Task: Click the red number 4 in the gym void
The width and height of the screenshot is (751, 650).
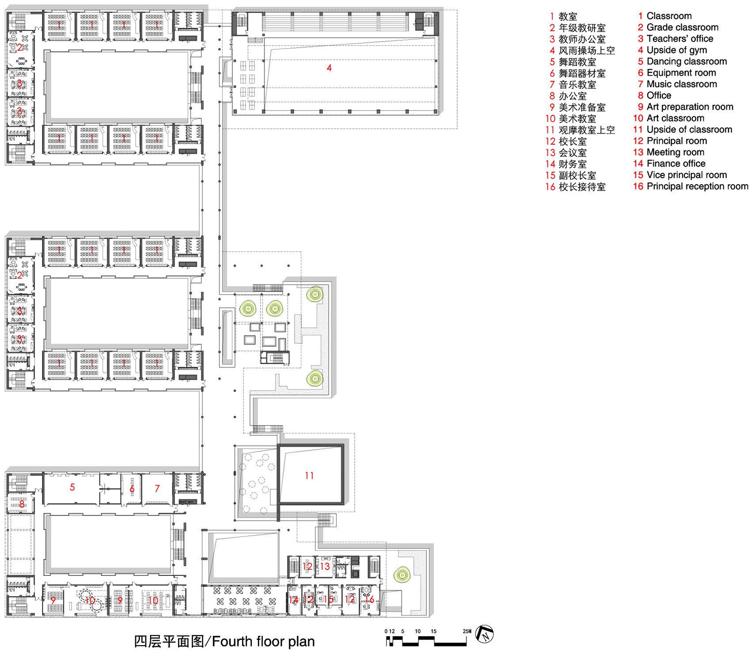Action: [x=329, y=68]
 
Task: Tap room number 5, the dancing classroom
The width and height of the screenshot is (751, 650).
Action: [x=72, y=487]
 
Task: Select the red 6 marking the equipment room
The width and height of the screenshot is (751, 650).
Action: [x=132, y=489]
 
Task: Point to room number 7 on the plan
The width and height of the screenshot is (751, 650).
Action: [x=157, y=488]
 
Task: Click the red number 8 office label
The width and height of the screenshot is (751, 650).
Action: [x=21, y=503]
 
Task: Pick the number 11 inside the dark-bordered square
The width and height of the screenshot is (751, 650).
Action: [x=309, y=475]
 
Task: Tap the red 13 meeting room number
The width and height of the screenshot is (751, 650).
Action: [x=325, y=566]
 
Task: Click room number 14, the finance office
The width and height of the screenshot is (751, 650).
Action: [x=293, y=600]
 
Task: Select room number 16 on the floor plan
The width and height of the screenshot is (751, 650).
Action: [x=369, y=599]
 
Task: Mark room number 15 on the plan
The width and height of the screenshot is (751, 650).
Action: [x=328, y=599]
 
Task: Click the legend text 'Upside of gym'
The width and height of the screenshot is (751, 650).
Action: [x=676, y=50]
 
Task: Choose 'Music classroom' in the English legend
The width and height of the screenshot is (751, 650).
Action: [x=682, y=84]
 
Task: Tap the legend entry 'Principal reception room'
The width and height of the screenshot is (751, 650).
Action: [x=697, y=186]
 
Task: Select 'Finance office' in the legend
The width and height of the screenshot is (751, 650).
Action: [x=676, y=163]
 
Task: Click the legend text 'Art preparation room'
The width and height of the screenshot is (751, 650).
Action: [x=690, y=106]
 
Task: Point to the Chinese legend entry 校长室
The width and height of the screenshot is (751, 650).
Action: [x=573, y=141]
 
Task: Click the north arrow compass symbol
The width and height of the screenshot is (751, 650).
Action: [x=485, y=635]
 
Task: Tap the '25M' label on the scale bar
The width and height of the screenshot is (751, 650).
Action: [x=467, y=631]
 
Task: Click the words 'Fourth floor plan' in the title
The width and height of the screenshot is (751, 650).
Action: [x=264, y=641]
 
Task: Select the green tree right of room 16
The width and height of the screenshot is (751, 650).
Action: [x=402, y=575]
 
